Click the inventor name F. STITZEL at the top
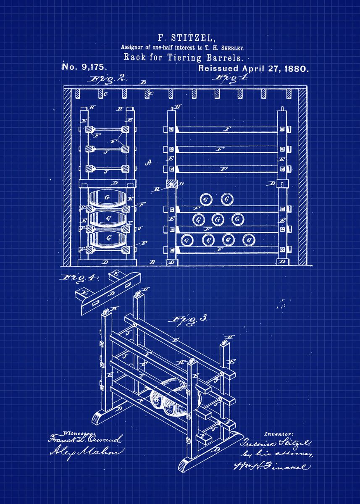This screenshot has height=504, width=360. [180, 38]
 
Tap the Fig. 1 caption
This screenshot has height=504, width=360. [229, 78]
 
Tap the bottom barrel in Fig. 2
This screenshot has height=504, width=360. [108, 238]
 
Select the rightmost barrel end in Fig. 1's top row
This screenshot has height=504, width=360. [227, 199]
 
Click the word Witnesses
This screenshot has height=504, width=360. [78, 433]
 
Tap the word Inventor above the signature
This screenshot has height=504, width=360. [279, 433]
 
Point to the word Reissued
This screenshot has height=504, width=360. [218, 68]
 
